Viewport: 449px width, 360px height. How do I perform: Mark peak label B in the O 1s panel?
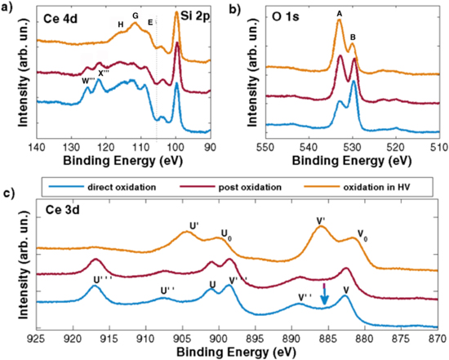353,37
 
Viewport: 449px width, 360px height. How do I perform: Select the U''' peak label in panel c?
103,278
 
